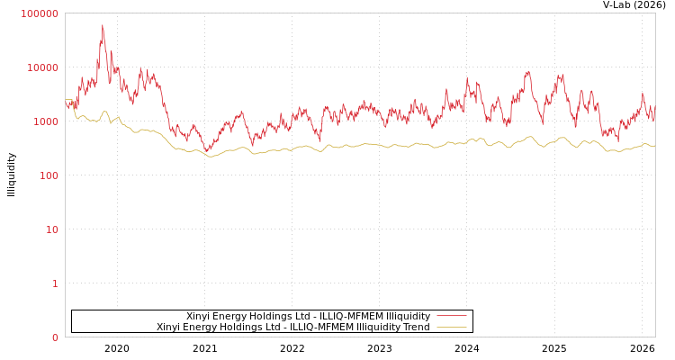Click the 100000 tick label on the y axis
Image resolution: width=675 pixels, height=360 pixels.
(40, 13)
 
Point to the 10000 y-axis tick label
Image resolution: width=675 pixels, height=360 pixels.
(42, 67)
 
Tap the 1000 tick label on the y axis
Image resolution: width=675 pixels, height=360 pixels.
(45, 121)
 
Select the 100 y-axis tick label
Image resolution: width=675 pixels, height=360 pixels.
(48, 175)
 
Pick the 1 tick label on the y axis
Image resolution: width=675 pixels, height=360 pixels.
(54, 283)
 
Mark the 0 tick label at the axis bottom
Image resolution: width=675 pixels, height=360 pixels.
(54, 337)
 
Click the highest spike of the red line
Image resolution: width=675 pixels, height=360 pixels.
(103, 25)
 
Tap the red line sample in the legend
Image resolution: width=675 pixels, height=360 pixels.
(451, 316)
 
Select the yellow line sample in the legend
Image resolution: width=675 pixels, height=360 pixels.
(451, 327)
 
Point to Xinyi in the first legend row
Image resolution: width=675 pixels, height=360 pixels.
(199, 316)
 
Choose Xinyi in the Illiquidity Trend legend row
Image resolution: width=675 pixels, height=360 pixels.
(169, 327)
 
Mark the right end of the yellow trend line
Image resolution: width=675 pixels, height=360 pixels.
(654, 145)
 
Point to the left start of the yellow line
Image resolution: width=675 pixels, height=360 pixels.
(66, 100)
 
